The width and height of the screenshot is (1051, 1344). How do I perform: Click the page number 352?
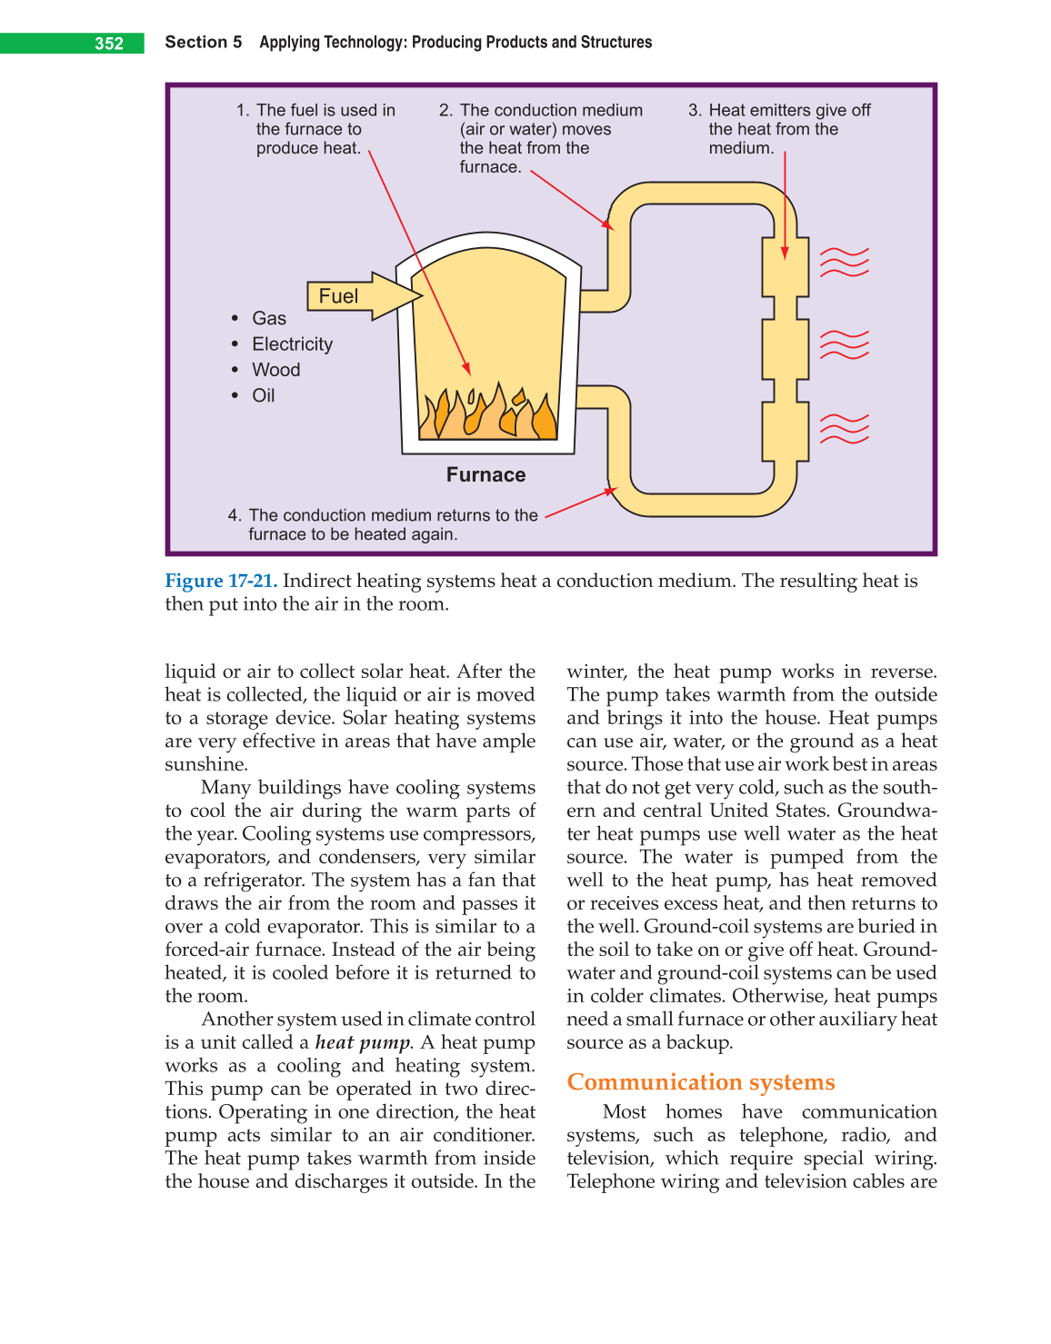[109, 44]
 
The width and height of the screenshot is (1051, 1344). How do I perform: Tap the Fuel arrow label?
[338, 296]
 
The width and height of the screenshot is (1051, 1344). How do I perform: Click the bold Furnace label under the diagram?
[485, 474]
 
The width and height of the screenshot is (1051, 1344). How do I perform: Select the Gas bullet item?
[269, 318]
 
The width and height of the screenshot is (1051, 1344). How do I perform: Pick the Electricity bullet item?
[292, 344]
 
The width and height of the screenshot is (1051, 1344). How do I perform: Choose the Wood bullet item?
[275, 370]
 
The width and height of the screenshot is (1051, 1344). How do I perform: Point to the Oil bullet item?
[263, 395]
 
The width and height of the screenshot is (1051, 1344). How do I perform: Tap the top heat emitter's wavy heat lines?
[844, 262]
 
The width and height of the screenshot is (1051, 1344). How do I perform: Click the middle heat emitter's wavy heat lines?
[844, 344]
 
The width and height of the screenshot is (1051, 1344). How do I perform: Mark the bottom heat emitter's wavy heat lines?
[844, 428]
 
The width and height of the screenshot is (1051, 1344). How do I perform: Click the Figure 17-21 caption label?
[221, 581]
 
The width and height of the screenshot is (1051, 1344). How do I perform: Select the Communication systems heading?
[700, 1082]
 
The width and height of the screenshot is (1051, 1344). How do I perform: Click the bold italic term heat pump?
[363, 1043]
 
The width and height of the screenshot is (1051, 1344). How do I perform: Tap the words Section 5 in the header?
[203, 42]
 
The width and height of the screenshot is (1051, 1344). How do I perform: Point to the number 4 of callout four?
[233, 515]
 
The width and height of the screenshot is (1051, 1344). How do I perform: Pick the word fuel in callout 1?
[304, 110]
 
